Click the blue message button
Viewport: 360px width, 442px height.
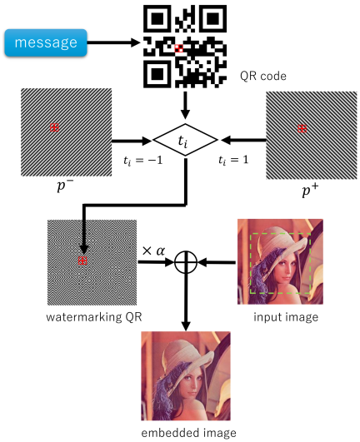click(46, 42)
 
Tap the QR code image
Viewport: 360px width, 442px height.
click(185, 47)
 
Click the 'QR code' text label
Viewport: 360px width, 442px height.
click(263, 76)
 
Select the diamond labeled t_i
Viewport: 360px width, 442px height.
click(185, 140)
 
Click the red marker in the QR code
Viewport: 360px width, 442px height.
click(179, 48)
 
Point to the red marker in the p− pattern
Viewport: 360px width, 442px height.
click(54, 127)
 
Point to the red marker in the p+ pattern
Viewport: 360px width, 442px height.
click(302, 128)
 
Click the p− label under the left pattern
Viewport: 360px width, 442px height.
click(65, 186)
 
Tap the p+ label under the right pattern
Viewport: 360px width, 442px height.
click(310, 191)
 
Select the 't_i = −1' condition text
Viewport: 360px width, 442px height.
click(143, 161)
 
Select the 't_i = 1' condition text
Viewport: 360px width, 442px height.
click(233, 161)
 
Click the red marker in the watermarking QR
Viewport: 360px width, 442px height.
click(82, 261)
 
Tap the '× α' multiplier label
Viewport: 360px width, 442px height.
click(154, 251)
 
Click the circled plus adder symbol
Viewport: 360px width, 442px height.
click(186, 262)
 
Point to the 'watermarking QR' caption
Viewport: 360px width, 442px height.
click(94, 317)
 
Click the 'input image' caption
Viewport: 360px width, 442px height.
click(286, 317)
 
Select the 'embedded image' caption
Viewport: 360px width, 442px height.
click(188, 432)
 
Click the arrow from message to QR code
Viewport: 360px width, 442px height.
click(113, 42)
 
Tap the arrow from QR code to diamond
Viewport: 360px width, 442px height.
click(185, 106)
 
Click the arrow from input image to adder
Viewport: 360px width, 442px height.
click(217, 263)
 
